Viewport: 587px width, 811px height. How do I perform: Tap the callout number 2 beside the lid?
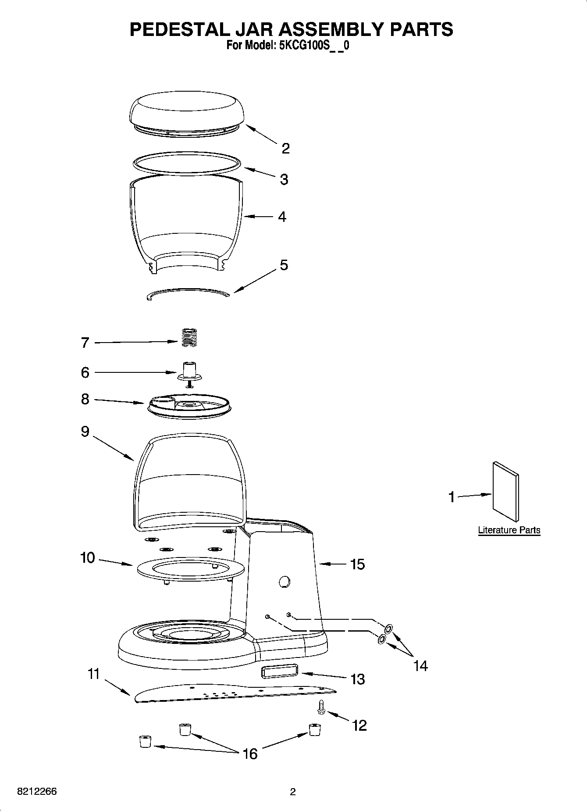pos(285,149)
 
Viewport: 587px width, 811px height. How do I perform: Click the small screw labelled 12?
pos(320,707)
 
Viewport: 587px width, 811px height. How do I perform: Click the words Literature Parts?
pos(509,530)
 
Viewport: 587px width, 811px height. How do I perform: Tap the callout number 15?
pos(358,564)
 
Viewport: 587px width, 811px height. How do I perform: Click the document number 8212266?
pos(37,792)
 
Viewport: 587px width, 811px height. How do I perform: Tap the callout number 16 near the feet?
pos(250,754)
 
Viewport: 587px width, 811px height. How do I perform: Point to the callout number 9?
pos(85,432)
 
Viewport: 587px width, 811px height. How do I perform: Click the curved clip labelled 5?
pos(188,293)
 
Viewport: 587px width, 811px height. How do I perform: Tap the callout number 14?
pos(420,666)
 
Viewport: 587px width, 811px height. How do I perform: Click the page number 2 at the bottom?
pos(293,792)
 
